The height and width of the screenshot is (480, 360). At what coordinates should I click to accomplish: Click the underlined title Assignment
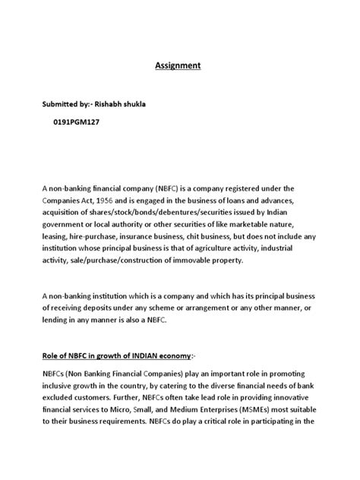179,66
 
